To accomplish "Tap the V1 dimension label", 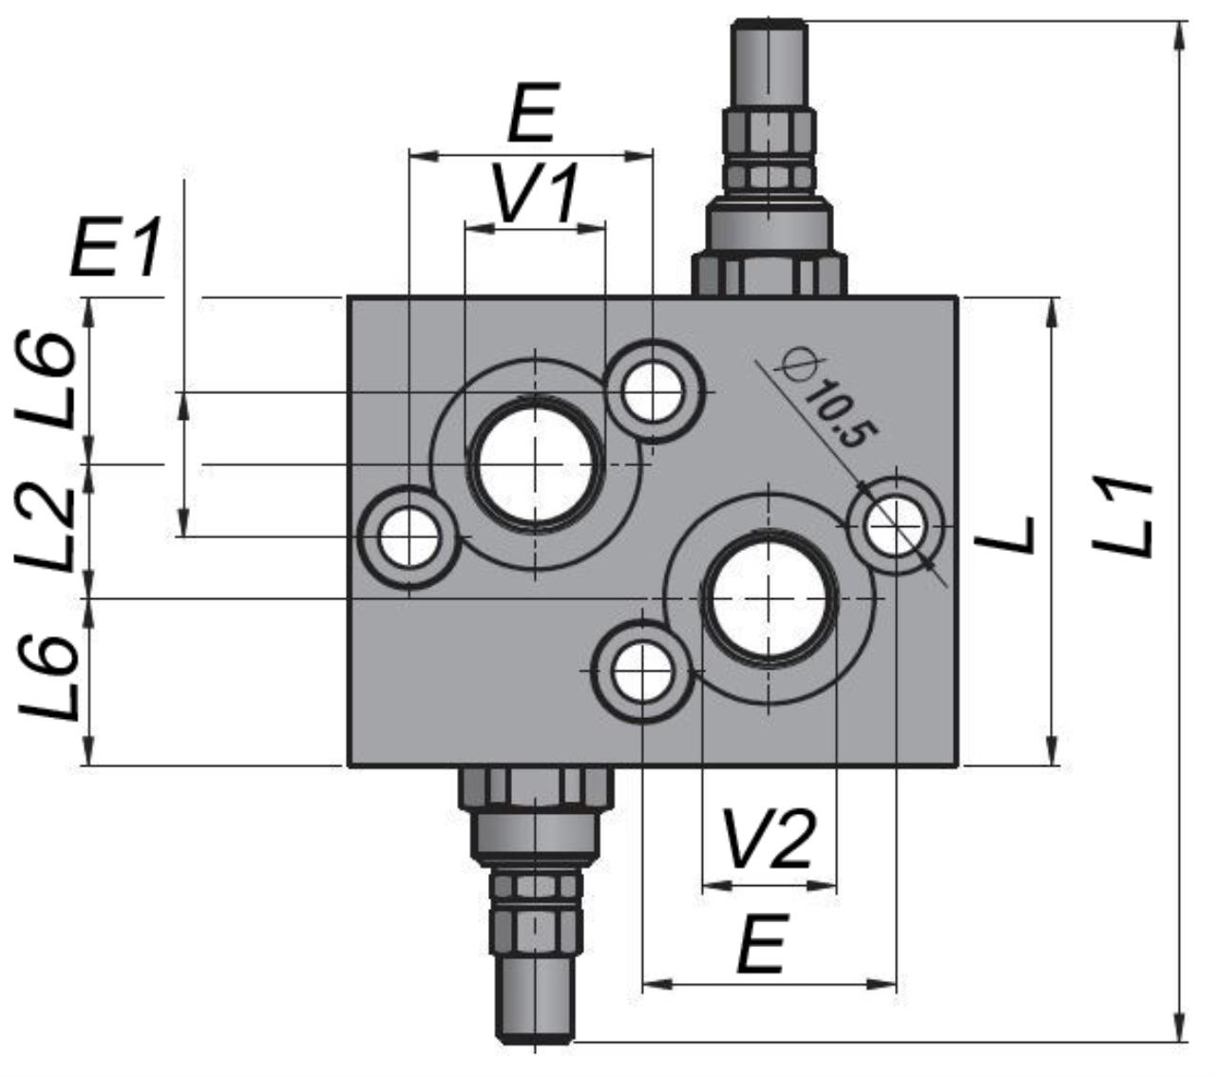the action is click(x=536, y=193).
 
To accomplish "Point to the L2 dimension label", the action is click(x=46, y=529).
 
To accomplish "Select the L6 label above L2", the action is click(x=46, y=379).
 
